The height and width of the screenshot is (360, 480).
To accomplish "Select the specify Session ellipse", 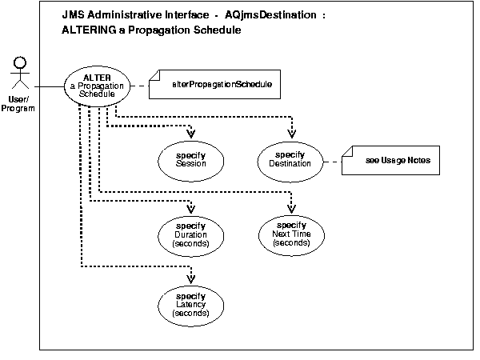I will (x=192, y=158).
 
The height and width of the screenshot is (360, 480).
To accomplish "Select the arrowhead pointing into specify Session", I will (x=192, y=133).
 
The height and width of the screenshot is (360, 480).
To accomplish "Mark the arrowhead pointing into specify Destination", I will (x=291, y=133).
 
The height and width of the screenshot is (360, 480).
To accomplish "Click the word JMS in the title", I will (x=73, y=16).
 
